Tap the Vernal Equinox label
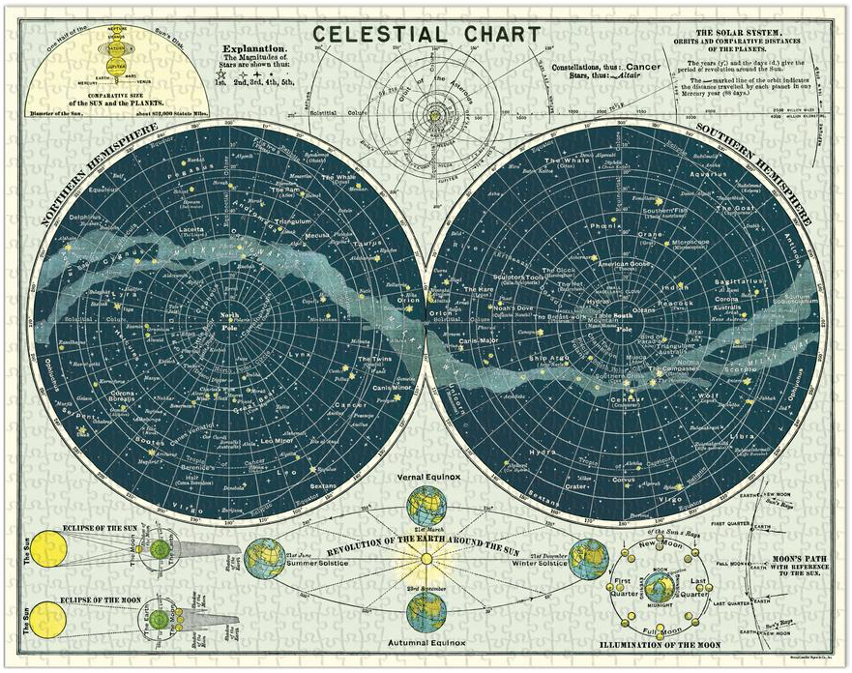(425, 477)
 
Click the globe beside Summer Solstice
(263, 559)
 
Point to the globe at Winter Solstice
(587, 559)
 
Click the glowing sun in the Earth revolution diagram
(425, 559)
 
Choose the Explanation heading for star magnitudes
(254, 48)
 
